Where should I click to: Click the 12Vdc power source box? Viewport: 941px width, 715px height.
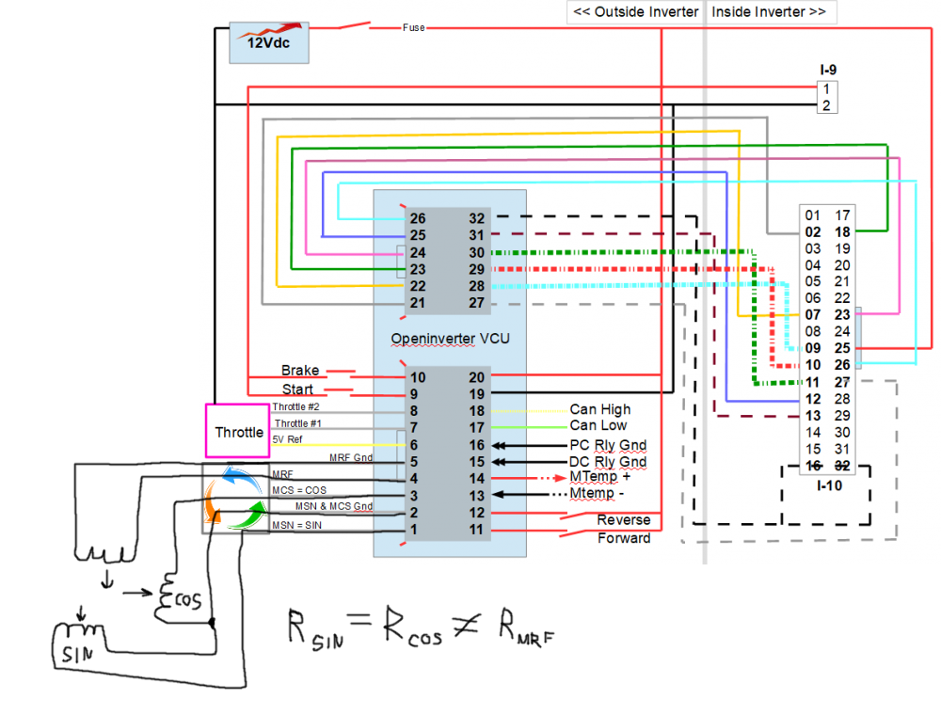[x=270, y=43]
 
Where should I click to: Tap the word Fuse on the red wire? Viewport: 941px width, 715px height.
[x=413, y=28]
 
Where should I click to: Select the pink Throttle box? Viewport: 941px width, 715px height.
[x=239, y=433]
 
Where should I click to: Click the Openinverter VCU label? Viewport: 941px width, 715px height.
[x=450, y=338]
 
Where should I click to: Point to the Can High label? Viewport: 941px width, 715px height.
[x=600, y=410]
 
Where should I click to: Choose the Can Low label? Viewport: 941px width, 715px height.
[x=598, y=426]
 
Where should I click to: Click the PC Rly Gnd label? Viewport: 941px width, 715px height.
[x=608, y=445]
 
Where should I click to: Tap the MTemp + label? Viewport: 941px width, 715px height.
[x=600, y=478]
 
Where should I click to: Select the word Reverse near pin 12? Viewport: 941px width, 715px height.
[x=624, y=520]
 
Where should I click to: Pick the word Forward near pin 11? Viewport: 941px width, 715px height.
[x=624, y=538]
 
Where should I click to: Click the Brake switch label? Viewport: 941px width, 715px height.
[x=300, y=371]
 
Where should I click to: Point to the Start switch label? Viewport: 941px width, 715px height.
[x=297, y=389]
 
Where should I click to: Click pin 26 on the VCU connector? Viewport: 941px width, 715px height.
[x=418, y=218]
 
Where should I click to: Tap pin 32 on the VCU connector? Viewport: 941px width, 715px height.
[x=476, y=218]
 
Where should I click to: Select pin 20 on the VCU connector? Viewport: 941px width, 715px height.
[x=476, y=377]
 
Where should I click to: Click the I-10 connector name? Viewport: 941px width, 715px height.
[x=829, y=486]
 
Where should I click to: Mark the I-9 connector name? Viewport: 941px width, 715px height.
[x=829, y=70]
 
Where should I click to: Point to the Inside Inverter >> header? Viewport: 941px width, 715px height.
[x=769, y=12]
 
